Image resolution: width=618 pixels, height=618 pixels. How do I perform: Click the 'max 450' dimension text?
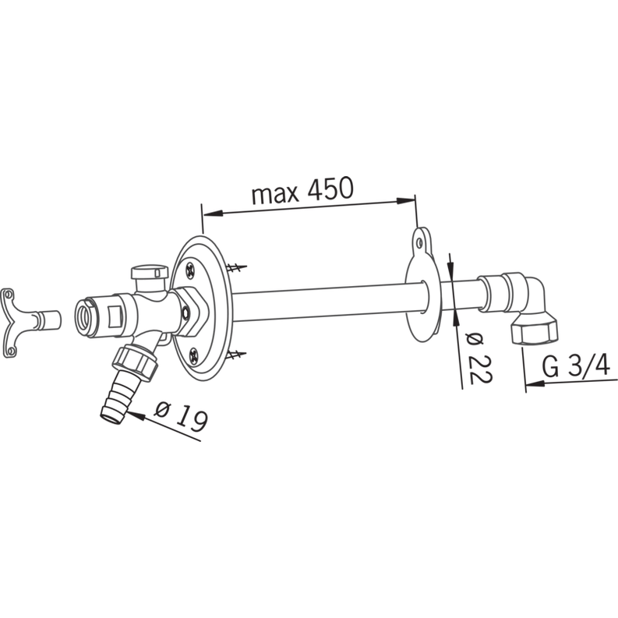click(302, 190)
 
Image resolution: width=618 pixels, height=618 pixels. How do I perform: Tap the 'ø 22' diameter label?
click(479, 358)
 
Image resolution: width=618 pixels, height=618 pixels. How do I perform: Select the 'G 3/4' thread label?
click(576, 366)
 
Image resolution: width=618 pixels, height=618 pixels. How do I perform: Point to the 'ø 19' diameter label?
click(181, 416)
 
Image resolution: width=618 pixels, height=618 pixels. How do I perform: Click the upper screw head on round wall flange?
click(191, 270)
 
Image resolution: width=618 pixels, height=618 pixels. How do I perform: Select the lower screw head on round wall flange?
click(195, 355)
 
